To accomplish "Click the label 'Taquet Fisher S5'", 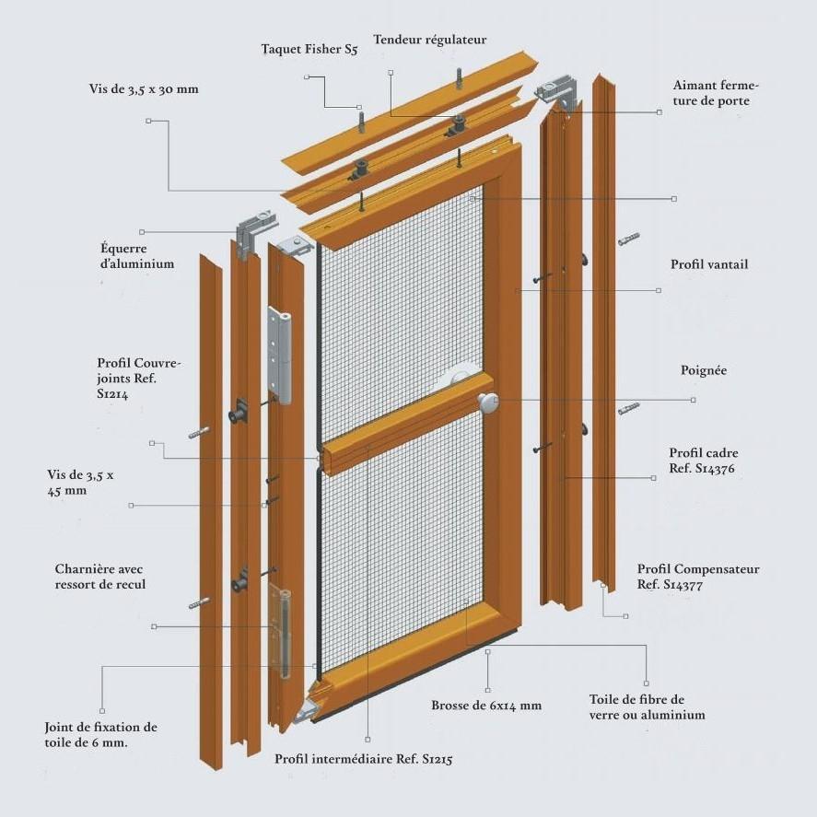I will pos(309,50).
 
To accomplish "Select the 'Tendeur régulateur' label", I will pos(429,40).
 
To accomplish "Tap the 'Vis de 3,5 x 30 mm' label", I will pos(144,89).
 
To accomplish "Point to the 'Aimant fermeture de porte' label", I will pos(716,93).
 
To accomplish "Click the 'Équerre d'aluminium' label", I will pos(136,255).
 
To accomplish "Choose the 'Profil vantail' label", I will pos(708,264).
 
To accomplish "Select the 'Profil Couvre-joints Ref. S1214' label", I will pos(139,378).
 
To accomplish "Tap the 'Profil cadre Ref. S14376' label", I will pos(703,461).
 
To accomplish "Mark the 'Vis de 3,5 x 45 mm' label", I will pos(80,483).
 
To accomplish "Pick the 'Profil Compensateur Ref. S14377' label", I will pos(697,577).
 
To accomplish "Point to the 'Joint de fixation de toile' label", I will pos(100,734).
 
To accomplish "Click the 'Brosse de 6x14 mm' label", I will pos(485,706).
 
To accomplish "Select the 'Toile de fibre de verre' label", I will pos(647,706).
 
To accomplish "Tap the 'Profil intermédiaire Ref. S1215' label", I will pos(363,760).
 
